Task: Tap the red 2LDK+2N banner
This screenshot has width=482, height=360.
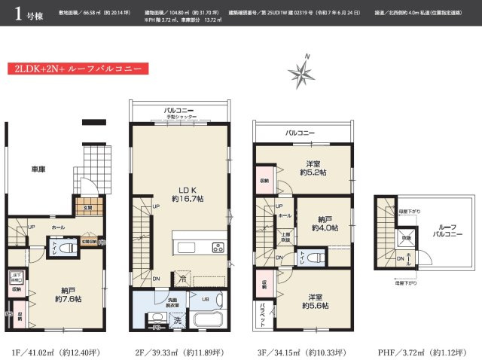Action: pos(75,69)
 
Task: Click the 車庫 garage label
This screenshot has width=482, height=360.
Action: pos(38,169)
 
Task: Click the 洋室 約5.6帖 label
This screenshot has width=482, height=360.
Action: pos(313,300)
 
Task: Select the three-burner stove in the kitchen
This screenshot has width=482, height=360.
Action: pos(218,247)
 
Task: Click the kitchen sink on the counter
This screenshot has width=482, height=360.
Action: pos(185,248)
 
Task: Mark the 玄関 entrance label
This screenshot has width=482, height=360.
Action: pos(87,207)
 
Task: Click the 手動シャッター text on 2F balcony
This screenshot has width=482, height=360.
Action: pos(181,117)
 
